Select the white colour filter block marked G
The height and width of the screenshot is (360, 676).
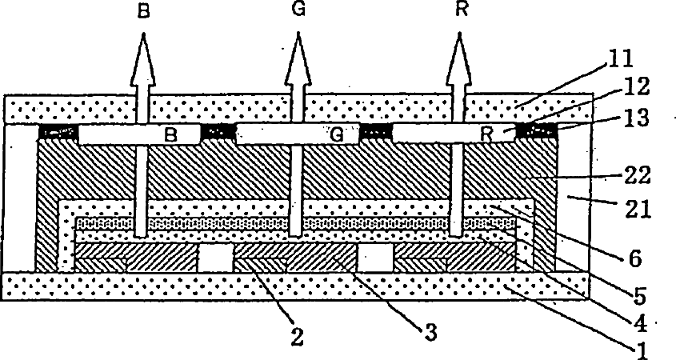click(x=298, y=134)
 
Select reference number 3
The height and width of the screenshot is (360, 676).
click(x=433, y=331)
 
